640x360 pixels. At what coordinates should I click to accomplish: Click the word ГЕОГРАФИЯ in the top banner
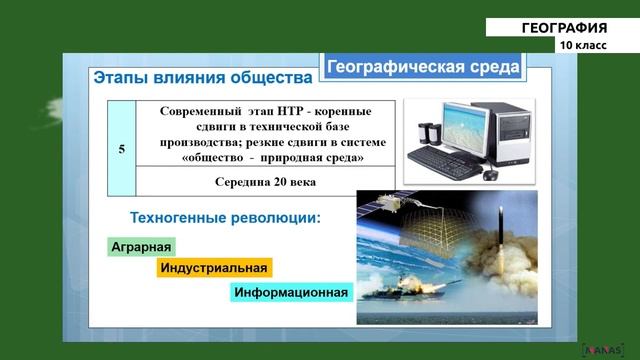[x=564, y=28]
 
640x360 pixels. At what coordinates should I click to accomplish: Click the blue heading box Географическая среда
[x=421, y=67]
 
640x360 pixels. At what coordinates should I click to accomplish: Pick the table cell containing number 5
[x=121, y=148]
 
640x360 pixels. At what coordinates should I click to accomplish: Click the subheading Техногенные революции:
[x=225, y=217]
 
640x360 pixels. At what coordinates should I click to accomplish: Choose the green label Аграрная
[x=141, y=247]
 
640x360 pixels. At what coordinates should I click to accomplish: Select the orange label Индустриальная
[x=214, y=268]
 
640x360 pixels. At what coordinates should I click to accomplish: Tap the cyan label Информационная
[x=291, y=293]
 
